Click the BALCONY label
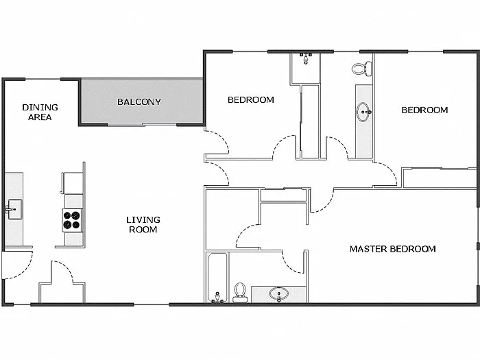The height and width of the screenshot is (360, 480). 139,102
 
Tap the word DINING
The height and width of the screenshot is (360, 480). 40,107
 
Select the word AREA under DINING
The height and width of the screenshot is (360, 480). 40,117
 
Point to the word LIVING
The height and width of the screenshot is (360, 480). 143,219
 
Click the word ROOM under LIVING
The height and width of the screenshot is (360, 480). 143,230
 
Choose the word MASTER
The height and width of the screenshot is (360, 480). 368,249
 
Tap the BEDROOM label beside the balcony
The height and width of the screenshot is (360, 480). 250,100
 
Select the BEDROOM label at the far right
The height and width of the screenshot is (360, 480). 424,110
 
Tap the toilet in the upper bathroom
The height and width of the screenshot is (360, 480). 361,69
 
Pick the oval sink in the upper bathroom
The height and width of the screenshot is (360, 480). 363,113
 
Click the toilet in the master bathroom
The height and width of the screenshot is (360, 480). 240,291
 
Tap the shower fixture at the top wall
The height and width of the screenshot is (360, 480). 306,58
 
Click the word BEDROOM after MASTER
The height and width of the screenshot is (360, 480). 413,249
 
